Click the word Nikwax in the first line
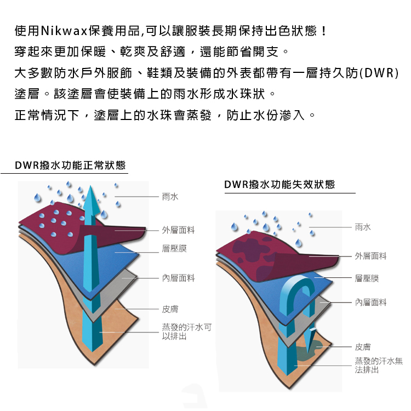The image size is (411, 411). (x=64, y=31)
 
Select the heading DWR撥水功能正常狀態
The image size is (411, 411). (x=70, y=165)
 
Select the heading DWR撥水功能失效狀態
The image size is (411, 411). (x=279, y=184)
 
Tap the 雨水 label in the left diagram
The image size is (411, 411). (x=170, y=197)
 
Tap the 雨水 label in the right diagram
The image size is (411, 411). (x=363, y=227)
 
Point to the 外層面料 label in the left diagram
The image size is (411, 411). (x=178, y=230)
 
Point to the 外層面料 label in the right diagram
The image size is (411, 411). (x=370, y=256)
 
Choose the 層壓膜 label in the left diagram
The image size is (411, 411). (x=174, y=248)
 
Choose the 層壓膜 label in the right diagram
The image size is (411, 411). (x=367, y=278)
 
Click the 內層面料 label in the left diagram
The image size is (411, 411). (x=178, y=278)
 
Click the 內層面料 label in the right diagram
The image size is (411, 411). (x=370, y=302)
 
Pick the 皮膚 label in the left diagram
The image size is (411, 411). (x=170, y=309)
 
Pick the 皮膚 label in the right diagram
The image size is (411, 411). (x=363, y=347)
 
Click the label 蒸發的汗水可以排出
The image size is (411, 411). (x=187, y=332)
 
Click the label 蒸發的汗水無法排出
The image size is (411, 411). (x=379, y=366)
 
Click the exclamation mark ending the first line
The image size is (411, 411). (x=324, y=31)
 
